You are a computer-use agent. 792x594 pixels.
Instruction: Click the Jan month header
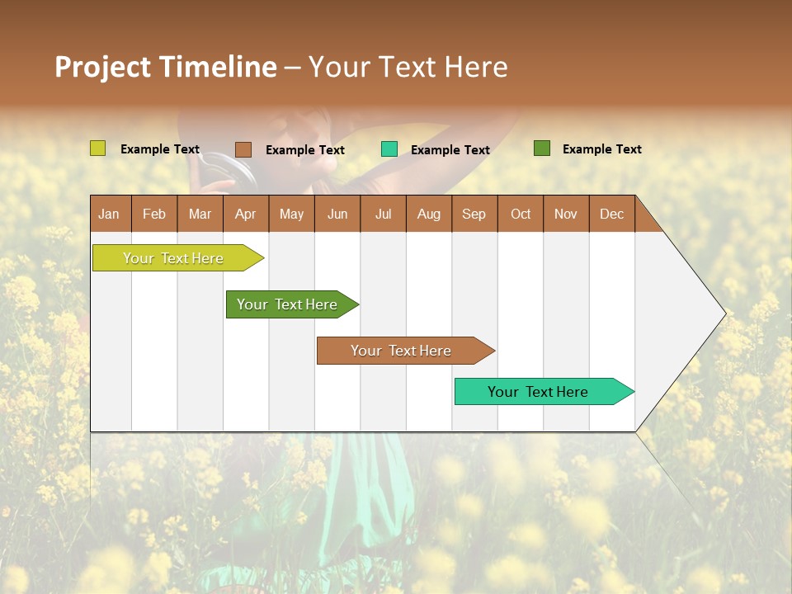(x=109, y=214)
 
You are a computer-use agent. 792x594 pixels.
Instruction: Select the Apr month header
(x=245, y=214)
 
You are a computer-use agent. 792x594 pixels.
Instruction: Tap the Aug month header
(x=428, y=214)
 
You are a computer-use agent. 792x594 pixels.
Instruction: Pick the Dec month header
(x=611, y=214)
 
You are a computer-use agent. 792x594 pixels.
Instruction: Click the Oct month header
(x=521, y=214)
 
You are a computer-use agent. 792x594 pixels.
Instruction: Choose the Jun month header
(x=337, y=214)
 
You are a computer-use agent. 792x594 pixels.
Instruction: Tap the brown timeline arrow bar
(x=402, y=351)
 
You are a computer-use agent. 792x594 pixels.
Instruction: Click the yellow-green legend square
(x=97, y=148)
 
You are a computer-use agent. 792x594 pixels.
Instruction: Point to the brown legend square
(x=243, y=149)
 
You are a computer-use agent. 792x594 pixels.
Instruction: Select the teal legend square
(x=389, y=149)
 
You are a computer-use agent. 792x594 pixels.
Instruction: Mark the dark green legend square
(x=541, y=148)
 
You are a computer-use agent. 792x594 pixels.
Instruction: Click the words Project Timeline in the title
(x=165, y=67)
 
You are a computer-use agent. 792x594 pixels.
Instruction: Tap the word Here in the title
(x=475, y=67)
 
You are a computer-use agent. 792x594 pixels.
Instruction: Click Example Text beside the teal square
(x=450, y=150)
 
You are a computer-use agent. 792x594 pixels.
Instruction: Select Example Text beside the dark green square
(x=601, y=149)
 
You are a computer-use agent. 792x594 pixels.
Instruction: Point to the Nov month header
(x=565, y=214)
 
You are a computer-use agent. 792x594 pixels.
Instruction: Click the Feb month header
(x=153, y=214)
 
